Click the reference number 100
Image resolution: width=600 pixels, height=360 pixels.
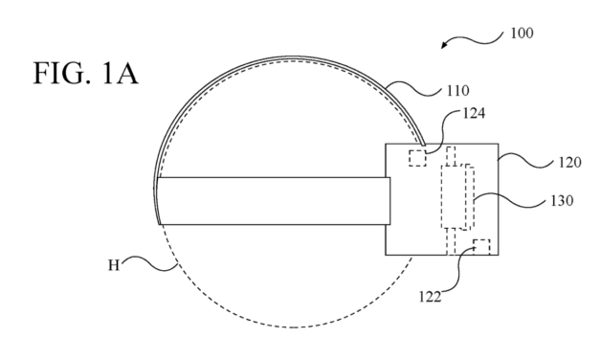[522, 32]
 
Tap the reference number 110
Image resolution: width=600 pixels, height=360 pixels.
[456, 92]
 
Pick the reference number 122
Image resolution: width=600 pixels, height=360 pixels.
[430, 296]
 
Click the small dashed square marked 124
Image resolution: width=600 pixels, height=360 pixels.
[417, 158]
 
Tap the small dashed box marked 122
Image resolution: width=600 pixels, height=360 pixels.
[480, 247]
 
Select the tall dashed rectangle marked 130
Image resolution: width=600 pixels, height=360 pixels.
[457, 197]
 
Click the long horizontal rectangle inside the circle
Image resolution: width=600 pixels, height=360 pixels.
[273, 201]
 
